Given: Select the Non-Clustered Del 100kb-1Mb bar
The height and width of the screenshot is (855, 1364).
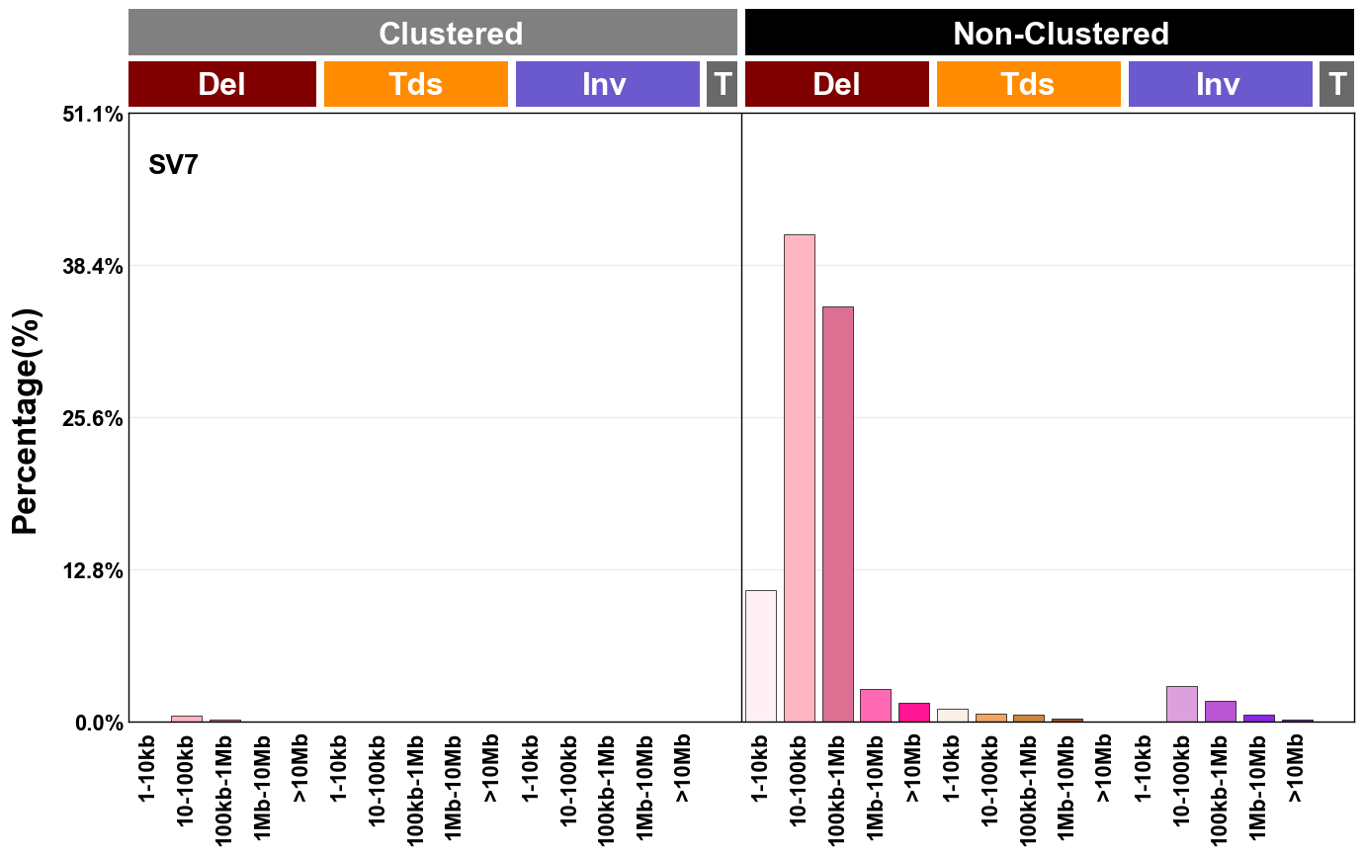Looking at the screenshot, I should coord(838,514).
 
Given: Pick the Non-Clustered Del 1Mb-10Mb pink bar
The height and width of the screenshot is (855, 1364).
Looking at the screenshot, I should coord(876,705).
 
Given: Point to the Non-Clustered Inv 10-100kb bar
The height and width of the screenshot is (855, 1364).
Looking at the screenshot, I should coord(1182,704).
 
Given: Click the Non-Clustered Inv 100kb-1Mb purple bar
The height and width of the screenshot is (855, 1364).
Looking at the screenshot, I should coord(1221,711).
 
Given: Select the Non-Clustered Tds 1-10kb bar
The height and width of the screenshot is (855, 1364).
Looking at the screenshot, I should coord(953,715).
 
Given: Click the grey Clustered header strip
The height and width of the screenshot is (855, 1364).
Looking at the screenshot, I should coord(433,33).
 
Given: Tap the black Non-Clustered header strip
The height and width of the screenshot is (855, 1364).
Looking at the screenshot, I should coord(1049,33).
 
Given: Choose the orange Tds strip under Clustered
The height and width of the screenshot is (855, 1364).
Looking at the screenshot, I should coord(416,84).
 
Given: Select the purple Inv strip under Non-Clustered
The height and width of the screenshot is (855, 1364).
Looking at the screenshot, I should coord(1220,84).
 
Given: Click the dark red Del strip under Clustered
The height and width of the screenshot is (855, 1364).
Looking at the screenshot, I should coord(222,84).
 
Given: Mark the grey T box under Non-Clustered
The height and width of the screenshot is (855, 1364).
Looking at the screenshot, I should coord(1336,84).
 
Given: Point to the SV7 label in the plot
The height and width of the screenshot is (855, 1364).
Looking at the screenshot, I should coord(174,165).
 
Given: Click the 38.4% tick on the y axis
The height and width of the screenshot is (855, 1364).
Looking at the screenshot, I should coord(99,266).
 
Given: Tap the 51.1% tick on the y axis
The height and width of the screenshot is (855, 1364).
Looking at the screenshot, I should coord(99,115).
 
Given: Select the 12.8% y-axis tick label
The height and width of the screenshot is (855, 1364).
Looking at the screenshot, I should coord(99,570).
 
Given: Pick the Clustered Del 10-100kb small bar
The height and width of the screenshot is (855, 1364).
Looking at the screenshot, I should coord(187,719).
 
